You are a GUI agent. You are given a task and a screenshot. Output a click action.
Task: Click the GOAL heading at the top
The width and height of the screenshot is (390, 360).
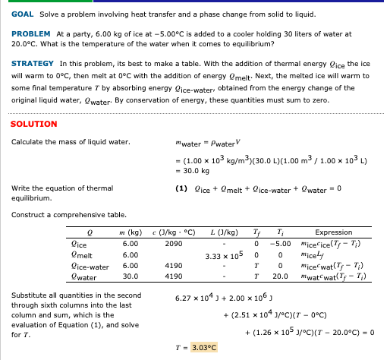pos(23,14)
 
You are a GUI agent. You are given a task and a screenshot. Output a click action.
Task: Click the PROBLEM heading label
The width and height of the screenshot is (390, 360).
pos(31,34)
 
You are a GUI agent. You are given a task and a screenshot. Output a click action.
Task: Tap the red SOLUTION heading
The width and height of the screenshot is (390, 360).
pos(34,124)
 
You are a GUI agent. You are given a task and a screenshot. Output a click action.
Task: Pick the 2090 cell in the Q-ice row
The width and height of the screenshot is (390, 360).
pos(173,243)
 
